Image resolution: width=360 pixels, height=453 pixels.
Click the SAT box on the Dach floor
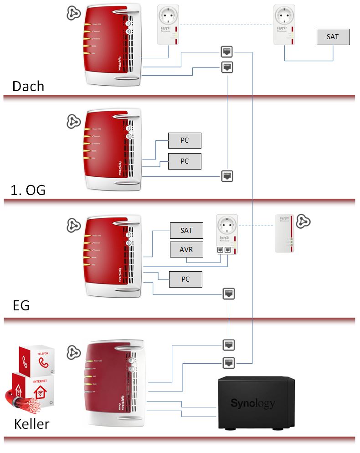coord(333,37)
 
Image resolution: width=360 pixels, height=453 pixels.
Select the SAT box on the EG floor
coord(186,231)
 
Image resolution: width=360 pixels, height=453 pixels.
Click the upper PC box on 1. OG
coord(185,140)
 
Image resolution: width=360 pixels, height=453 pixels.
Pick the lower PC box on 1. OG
coord(185,161)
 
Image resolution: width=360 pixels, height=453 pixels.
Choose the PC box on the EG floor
coord(185,279)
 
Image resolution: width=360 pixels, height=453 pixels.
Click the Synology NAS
coord(252,403)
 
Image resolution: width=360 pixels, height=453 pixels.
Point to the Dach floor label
coord(28,86)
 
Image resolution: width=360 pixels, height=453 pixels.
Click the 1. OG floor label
coord(28,190)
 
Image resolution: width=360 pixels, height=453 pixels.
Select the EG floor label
coord(21,305)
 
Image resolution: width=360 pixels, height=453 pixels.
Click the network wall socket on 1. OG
coord(227,176)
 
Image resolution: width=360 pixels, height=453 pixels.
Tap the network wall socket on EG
coord(229,293)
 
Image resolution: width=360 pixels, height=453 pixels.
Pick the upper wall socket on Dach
coord(227,51)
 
